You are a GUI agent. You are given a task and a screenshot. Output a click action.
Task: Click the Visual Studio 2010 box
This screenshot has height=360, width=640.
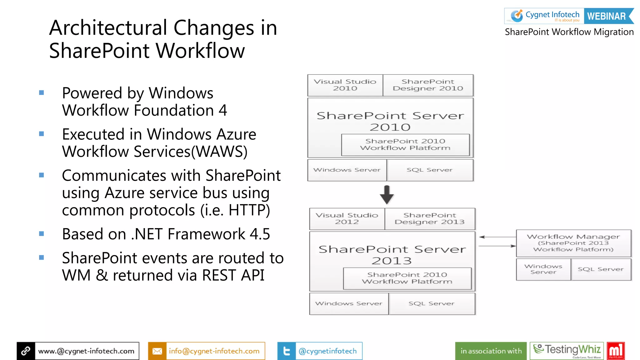[x=345, y=85]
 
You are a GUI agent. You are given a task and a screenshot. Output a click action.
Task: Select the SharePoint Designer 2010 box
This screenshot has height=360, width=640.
[x=428, y=85]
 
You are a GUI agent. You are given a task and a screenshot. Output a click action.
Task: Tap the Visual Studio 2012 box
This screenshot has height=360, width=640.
[x=347, y=219]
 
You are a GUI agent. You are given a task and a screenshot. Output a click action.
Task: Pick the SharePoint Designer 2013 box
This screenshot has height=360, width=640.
[x=430, y=219]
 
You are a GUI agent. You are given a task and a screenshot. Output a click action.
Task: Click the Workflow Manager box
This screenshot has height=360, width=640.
[x=573, y=243]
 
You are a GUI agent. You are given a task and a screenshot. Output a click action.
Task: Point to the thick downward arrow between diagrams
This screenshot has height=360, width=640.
[x=387, y=195]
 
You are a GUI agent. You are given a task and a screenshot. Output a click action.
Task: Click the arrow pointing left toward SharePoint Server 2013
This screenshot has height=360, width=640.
[x=497, y=237]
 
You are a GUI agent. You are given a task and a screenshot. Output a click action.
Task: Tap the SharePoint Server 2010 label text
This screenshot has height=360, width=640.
[x=390, y=121]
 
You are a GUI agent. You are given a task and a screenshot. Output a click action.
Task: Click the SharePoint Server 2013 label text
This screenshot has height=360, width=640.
[x=392, y=255]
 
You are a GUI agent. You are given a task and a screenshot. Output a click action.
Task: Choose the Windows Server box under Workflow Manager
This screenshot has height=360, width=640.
[x=543, y=269]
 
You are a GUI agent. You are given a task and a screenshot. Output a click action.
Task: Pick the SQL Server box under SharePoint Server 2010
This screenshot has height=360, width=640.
[x=430, y=170]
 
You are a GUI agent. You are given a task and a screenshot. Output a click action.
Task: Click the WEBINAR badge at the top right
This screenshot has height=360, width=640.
[x=607, y=16]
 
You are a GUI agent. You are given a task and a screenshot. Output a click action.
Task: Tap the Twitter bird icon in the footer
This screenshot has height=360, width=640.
[x=286, y=351]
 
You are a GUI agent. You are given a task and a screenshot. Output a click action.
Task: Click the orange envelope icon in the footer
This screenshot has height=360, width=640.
[x=157, y=351]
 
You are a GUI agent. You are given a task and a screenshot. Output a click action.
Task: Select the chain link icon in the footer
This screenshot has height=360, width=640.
[x=26, y=351]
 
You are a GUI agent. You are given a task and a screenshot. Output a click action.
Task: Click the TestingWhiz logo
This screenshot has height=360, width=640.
[x=567, y=351]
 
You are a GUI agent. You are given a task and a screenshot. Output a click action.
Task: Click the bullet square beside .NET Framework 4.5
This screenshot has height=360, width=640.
[x=42, y=234]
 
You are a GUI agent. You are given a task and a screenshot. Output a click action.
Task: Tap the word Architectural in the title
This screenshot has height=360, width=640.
[x=108, y=28]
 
